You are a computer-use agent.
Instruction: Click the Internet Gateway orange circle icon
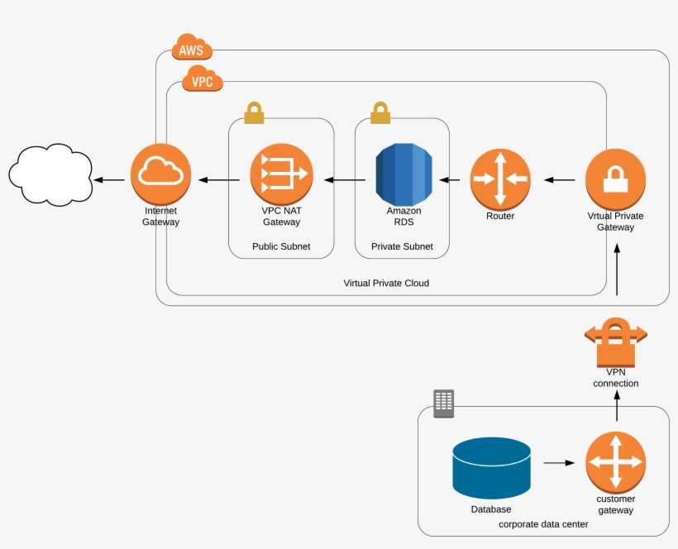tap(160, 174)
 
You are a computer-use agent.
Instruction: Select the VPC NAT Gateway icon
tap(281, 174)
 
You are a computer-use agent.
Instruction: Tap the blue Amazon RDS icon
tap(403, 174)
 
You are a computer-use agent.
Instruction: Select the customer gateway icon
tap(615, 462)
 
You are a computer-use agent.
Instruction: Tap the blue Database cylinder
tap(491, 468)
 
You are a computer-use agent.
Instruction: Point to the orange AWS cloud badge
tap(191, 50)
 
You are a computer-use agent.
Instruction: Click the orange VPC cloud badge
tap(203, 81)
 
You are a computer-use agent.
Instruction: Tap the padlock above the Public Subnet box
tap(254, 112)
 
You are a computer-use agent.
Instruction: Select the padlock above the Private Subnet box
tap(380, 112)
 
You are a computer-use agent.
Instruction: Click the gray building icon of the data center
tap(444, 403)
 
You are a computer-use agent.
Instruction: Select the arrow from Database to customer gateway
tap(559, 463)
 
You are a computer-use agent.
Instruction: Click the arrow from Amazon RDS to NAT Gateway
tap(345, 179)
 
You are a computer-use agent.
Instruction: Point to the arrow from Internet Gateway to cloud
tap(109, 179)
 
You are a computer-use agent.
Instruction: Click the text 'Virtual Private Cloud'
tap(386, 283)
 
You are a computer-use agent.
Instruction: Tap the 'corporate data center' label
tap(543, 524)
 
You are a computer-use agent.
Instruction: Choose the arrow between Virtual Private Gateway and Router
tap(559, 179)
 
